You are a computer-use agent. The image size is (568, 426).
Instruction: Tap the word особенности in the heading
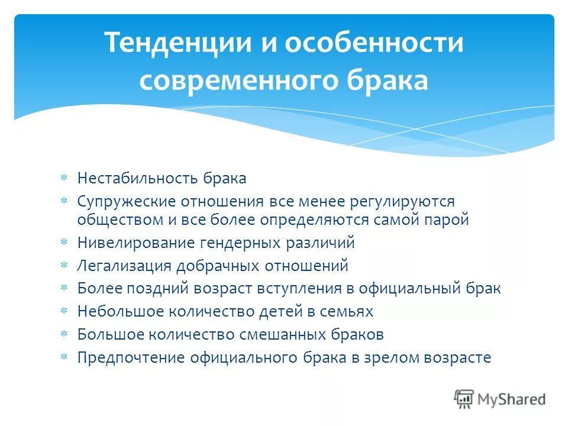(375, 44)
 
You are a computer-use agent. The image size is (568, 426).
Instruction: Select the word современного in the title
(224, 80)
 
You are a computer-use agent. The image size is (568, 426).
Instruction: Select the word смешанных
(272, 334)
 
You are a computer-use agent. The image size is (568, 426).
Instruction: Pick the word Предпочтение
(128, 357)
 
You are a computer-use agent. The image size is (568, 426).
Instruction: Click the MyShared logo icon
(464, 399)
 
